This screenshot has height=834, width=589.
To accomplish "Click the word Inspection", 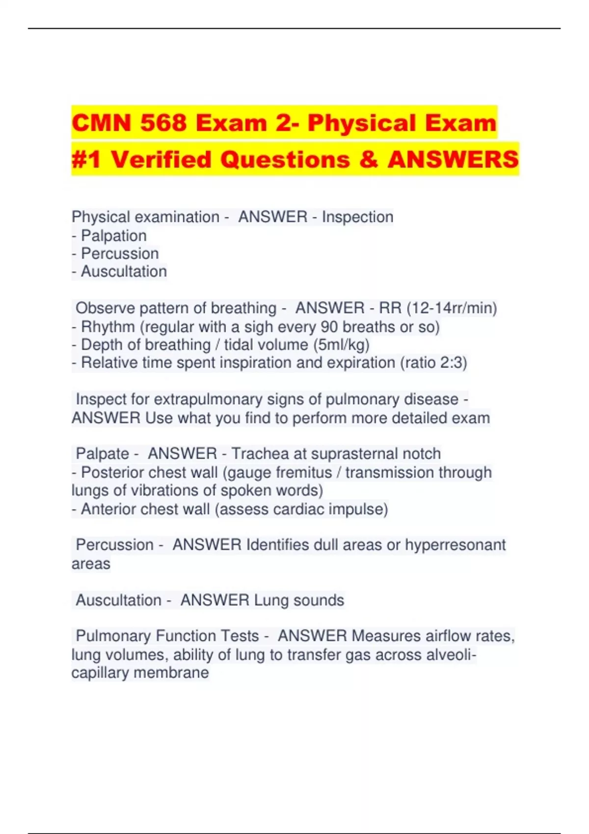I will tap(357, 217).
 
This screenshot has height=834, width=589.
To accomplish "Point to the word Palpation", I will tap(113, 235).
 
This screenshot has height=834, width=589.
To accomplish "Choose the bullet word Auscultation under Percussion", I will tap(124, 271).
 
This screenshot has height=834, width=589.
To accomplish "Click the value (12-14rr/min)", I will tap(452, 308).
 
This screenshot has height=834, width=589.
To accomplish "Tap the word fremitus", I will tap(304, 472).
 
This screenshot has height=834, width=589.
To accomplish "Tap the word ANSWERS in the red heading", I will tap(453, 159).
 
